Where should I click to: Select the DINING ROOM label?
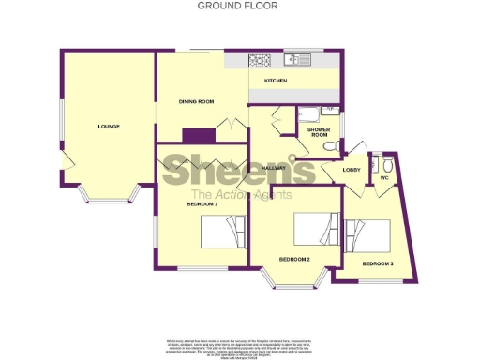[x=198, y=100]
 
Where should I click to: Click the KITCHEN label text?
[x=275, y=82]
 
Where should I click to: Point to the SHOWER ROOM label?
[x=320, y=134]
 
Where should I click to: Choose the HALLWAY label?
[x=274, y=168]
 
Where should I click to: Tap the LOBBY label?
[x=352, y=170]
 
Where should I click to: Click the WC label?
[x=383, y=175]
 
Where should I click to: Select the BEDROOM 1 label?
[x=202, y=203]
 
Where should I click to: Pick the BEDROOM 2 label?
[x=294, y=258]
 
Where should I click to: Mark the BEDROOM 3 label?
[x=378, y=264]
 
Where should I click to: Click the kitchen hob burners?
[x=260, y=61]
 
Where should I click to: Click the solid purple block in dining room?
[x=195, y=134]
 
